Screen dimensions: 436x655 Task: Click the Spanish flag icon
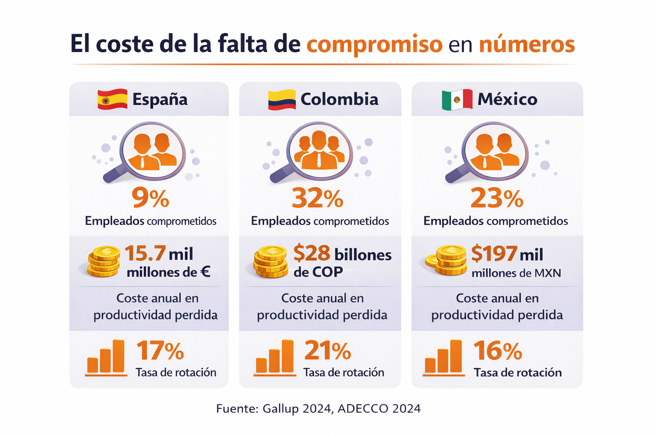[x=112, y=99]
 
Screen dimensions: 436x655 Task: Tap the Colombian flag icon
[x=281, y=100]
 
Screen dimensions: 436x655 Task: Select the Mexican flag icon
[x=457, y=100]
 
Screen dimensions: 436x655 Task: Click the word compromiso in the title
[x=374, y=44]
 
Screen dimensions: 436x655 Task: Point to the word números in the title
[x=527, y=44]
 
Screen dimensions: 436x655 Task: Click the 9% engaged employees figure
[x=151, y=198]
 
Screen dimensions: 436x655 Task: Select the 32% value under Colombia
[x=317, y=198]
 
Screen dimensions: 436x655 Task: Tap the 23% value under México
[x=497, y=198]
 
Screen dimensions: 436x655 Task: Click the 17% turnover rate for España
[x=160, y=351]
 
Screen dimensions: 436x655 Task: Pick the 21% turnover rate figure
[x=327, y=351]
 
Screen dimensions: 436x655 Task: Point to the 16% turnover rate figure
[x=498, y=351]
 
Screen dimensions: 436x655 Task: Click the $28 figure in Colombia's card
[x=312, y=253]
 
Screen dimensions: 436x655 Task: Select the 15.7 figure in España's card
[x=145, y=253]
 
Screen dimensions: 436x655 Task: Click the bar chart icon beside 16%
[x=443, y=358]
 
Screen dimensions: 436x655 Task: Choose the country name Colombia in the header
[x=339, y=99]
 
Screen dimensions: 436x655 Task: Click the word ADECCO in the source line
[x=363, y=409]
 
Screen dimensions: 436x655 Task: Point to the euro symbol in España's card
[x=205, y=272]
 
